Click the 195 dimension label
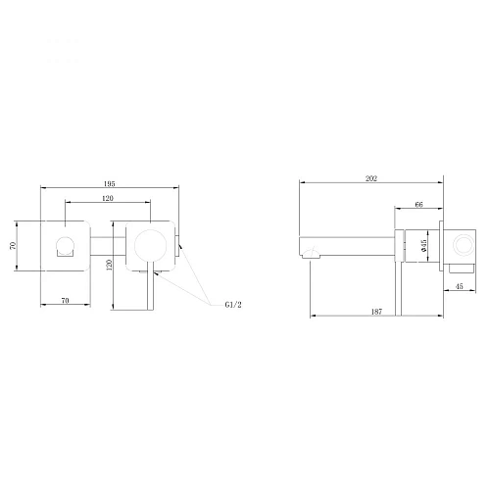(110, 184)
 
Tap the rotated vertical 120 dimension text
(110, 265)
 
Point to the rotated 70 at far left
(13, 246)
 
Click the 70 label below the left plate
(66, 300)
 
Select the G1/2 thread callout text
(233, 305)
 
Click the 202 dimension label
(371, 178)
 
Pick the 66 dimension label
(418, 205)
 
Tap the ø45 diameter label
(423, 246)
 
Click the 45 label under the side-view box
(460, 286)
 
